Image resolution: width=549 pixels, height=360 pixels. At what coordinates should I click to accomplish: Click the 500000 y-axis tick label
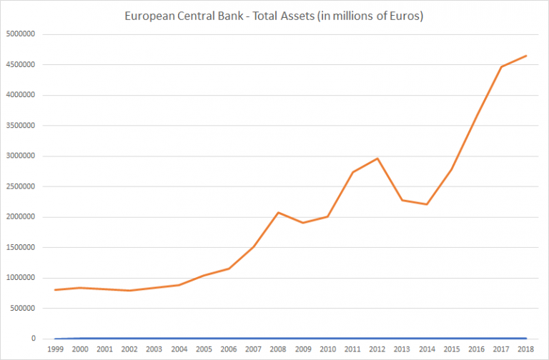(x=27, y=309)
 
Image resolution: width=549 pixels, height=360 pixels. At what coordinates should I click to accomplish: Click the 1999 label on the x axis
(x=55, y=349)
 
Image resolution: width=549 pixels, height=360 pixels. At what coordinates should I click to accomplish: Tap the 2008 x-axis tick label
(x=277, y=349)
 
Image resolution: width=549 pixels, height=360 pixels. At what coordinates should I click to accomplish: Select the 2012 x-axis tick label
(x=377, y=349)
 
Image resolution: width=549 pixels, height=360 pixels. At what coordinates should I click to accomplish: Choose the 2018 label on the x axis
(x=525, y=349)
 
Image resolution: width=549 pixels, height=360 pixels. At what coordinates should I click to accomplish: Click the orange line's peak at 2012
(x=377, y=159)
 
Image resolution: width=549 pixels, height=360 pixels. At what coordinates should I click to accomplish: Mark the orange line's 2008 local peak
(x=277, y=212)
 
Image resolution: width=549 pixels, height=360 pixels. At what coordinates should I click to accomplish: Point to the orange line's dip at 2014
(x=426, y=204)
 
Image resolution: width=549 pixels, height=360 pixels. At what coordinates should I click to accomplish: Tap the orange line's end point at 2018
(x=525, y=56)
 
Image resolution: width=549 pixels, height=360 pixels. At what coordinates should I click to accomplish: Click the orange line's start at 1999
(x=55, y=290)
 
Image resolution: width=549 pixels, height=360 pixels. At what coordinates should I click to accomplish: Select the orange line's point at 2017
(x=500, y=67)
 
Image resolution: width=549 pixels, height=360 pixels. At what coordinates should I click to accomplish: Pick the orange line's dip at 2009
(x=302, y=223)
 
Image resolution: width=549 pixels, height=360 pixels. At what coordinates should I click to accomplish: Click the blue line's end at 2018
(x=525, y=338)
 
